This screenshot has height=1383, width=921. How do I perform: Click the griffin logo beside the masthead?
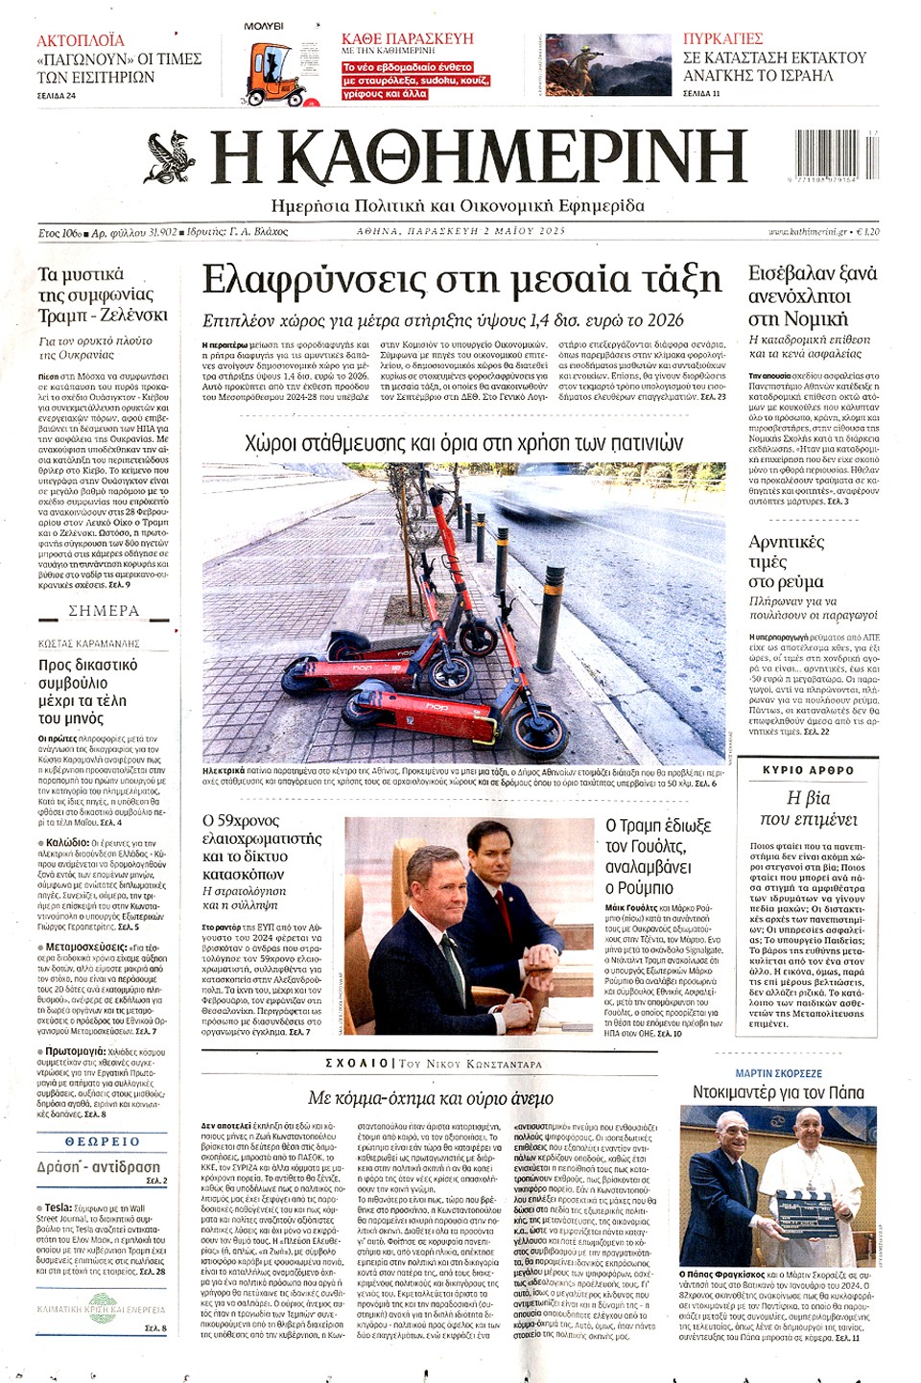click(170, 158)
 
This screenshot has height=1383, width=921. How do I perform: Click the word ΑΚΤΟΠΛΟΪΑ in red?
click(81, 40)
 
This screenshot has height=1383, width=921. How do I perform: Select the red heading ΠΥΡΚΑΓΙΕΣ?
click(722, 38)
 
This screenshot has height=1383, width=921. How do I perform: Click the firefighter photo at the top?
click(608, 65)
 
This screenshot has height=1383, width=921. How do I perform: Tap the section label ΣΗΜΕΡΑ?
click(104, 611)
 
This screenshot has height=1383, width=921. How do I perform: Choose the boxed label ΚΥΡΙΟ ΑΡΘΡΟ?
click(808, 769)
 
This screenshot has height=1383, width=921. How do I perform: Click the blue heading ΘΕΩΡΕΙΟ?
click(102, 1141)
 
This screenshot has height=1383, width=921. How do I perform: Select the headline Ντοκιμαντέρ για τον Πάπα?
click(778, 1092)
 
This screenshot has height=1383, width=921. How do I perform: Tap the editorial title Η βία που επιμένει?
click(808, 809)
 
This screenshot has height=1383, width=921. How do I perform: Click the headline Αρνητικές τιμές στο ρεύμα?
click(786, 561)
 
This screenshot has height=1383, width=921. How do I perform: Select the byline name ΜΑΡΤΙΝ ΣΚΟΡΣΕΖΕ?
click(778, 1073)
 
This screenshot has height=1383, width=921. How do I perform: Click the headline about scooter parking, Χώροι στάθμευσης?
click(463, 442)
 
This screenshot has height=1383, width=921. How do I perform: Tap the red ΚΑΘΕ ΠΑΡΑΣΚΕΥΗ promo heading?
click(408, 38)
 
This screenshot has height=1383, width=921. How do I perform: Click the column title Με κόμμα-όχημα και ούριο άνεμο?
click(431, 1097)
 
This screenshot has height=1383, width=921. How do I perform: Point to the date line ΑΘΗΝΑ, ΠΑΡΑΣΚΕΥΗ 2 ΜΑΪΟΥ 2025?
click(461, 231)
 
